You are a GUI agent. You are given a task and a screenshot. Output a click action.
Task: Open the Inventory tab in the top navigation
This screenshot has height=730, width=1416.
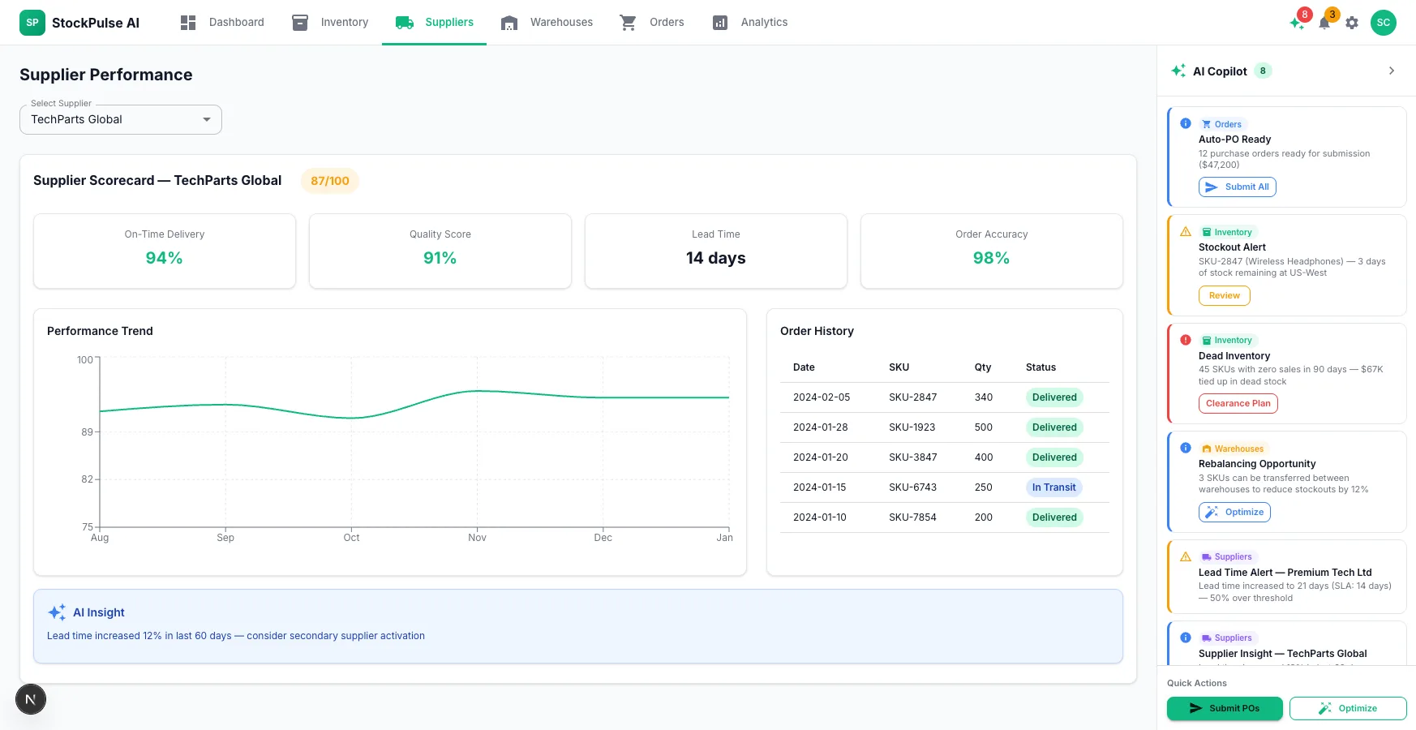pos(330,22)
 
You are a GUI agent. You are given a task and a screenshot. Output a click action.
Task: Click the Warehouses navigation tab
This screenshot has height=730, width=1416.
pos(547,22)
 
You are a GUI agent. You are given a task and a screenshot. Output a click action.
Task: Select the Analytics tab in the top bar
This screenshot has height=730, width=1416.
pos(750,22)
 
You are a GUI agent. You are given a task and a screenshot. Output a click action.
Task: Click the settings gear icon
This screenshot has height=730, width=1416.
pos(1352,23)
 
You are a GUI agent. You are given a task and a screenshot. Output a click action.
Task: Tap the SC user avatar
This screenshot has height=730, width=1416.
pos(1384,23)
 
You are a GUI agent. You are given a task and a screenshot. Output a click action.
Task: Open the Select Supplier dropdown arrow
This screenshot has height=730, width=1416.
pos(207,119)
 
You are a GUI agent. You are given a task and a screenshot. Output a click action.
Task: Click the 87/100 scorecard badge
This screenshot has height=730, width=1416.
pos(330,181)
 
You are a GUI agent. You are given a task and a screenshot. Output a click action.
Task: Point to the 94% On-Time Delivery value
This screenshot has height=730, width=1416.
pos(164,258)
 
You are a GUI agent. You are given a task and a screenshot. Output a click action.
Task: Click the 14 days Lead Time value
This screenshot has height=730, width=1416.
pos(716,258)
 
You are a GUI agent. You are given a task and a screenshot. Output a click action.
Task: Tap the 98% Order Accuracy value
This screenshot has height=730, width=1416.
pos(991,258)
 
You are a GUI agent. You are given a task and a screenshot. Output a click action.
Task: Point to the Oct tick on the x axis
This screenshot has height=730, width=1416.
pos(351,537)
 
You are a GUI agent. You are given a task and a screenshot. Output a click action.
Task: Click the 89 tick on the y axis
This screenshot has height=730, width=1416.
pos(87,432)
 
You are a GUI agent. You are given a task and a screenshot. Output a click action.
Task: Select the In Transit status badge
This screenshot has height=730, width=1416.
pos(1053,487)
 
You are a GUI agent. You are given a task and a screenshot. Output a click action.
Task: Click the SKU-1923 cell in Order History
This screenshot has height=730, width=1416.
pos(912,427)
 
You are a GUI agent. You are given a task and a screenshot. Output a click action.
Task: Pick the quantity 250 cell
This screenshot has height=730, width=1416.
pos(984,487)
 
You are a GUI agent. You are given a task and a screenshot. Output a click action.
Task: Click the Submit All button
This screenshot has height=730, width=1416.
pos(1238,187)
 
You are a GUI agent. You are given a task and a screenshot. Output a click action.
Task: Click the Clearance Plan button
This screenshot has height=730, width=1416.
pos(1238,404)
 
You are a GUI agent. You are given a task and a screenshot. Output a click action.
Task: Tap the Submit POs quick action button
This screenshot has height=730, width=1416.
pos(1225,708)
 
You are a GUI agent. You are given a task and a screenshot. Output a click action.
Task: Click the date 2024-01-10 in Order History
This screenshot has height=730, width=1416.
pos(820,517)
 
